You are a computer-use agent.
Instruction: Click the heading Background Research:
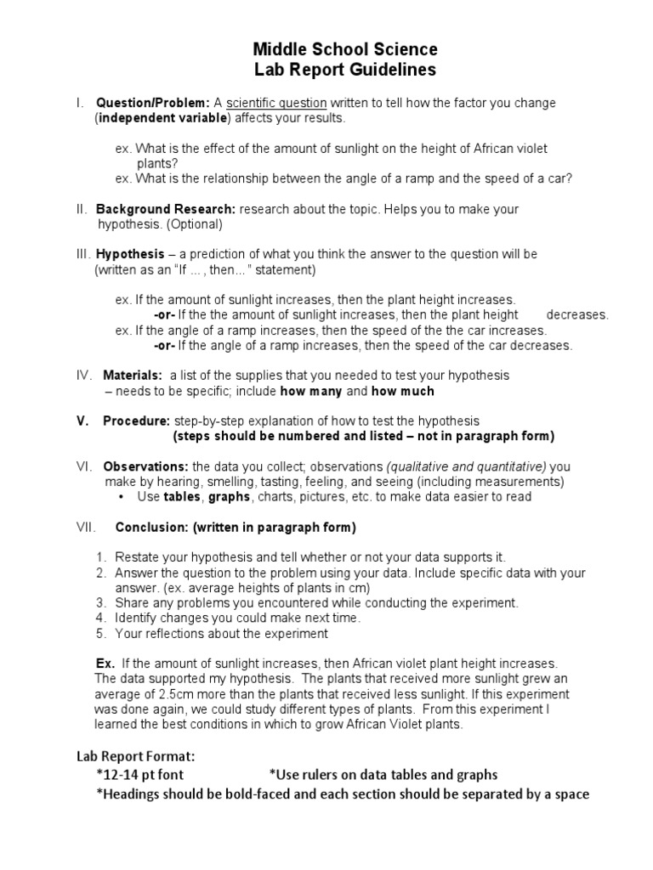click(166, 209)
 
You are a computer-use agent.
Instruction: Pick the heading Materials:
click(133, 375)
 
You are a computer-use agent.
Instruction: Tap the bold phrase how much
click(403, 391)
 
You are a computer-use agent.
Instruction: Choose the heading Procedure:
click(137, 421)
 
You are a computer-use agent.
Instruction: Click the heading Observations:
click(146, 466)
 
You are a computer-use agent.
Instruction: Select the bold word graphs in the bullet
click(229, 497)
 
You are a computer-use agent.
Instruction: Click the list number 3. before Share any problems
click(99, 602)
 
